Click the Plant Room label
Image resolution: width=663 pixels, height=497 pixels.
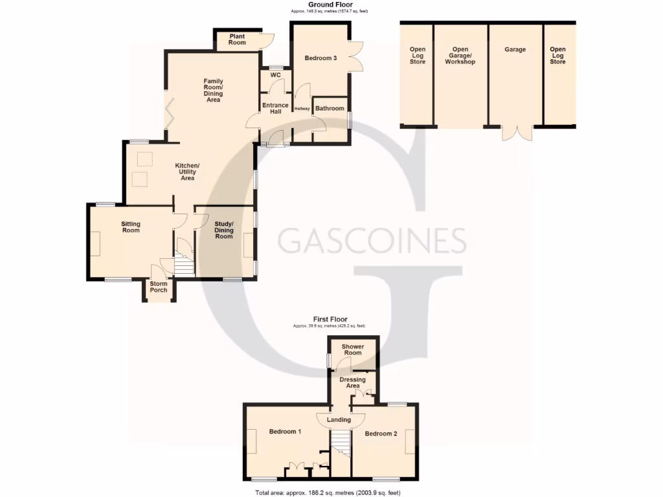click(237, 39)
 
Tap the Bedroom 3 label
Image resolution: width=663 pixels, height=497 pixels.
click(320, 58)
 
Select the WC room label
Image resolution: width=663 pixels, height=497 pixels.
click(275, 75)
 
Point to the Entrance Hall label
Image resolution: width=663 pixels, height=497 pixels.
click(275, 108)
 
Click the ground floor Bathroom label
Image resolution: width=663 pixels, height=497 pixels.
click(330, 108)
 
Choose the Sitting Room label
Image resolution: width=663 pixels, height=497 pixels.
click(131, 227)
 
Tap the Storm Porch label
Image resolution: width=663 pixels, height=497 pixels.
click(159, 287)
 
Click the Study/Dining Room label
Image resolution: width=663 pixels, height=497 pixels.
click(224, 230)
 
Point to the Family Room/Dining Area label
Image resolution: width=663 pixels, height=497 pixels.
click(214, 91)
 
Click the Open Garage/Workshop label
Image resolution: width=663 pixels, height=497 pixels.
click(460, 56)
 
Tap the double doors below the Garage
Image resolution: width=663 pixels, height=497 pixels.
click(517, 132)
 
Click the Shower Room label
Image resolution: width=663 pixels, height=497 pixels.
click(353, 349)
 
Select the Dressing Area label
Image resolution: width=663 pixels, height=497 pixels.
click(353, 382)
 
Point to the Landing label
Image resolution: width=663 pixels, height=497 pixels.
click(339, 419)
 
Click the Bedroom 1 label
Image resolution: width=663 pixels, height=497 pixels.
click(286, 432)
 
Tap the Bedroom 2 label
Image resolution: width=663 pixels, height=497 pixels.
click(381, 434)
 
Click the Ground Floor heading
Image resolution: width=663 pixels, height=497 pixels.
click(330, 5)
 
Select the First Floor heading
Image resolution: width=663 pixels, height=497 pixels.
click(330, 319)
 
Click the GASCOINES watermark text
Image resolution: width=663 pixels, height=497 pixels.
click(372, 241)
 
